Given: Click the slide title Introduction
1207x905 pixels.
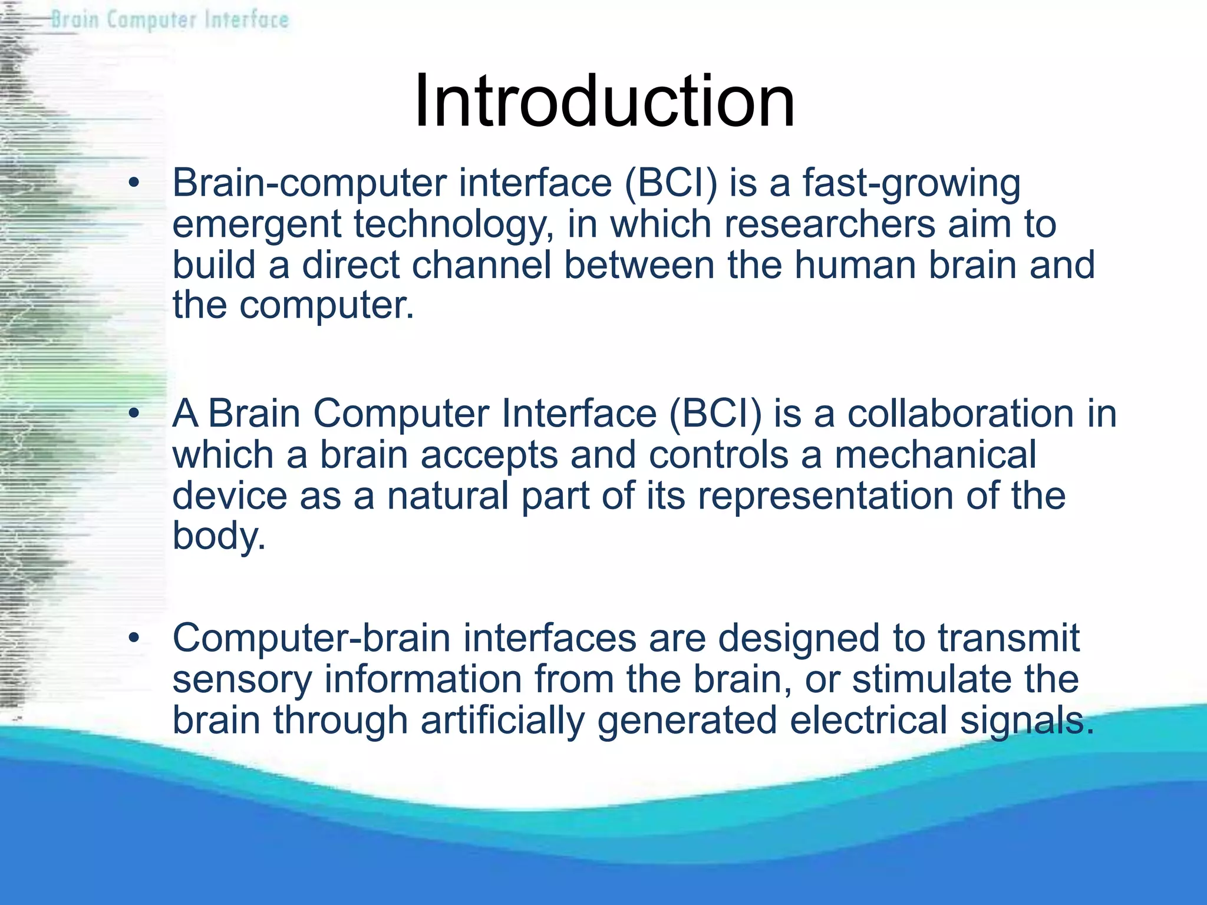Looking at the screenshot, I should click(604, 101).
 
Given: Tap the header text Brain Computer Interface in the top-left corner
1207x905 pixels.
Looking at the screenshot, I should click(170, 20).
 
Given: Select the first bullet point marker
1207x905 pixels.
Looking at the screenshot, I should click(134, 183).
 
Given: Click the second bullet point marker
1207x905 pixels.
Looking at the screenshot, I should click(134, 414).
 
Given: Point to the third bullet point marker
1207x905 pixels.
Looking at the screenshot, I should click(134, 638).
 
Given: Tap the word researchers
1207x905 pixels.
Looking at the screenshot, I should click(829, 224).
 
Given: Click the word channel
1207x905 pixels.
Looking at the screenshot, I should click(482, 265).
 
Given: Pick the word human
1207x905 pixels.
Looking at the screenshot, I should click(855, 265).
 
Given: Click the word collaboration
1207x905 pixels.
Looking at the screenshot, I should click(960, 414).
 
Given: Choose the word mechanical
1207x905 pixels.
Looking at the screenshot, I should click(935, 455).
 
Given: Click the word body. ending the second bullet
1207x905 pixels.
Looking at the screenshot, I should click(219, 536).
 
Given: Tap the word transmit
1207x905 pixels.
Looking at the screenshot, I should click(1008, 638).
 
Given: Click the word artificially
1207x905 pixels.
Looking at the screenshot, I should click(502, 721).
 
